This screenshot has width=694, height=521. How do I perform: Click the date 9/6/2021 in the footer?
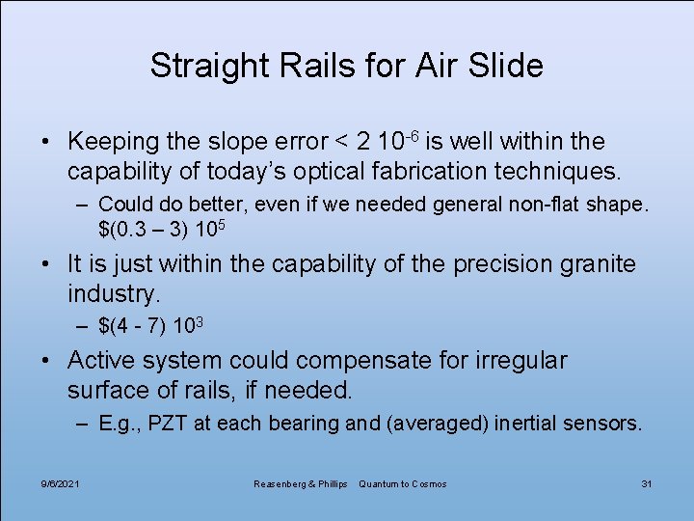coord(61,482)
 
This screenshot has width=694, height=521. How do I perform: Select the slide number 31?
coord(646,482)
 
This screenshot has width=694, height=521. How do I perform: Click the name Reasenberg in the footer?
coord(280,482)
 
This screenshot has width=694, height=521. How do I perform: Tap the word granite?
coord(592,263)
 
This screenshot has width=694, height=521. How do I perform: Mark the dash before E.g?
coord(84,423)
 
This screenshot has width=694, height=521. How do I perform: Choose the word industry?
coord(112,292)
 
